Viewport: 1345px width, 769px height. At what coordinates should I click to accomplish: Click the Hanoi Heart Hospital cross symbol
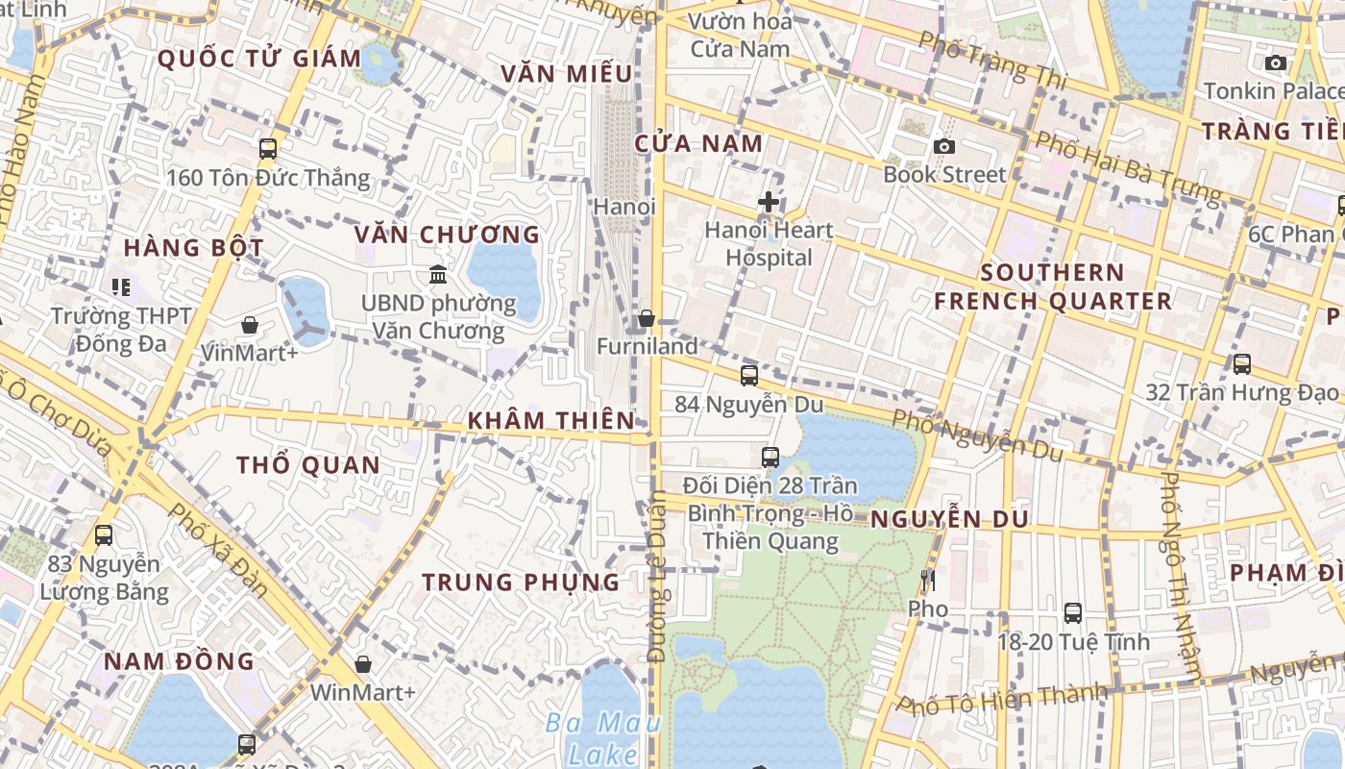769,202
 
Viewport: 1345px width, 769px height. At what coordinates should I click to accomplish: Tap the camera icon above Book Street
944,146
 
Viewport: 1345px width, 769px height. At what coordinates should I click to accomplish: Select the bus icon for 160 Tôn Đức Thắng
268,149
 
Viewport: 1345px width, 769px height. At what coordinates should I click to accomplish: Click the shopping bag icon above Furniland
647,317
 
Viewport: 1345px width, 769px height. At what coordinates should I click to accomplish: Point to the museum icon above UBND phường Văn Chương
438,275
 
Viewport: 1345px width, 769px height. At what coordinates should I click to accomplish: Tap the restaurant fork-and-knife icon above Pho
927,580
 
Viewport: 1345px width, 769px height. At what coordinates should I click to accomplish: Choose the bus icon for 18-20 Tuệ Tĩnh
1073,612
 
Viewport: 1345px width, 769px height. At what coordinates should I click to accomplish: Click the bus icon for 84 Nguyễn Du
749,376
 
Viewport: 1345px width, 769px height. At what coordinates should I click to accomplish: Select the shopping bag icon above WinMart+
363,663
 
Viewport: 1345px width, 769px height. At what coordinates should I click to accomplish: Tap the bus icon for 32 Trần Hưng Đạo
1241,364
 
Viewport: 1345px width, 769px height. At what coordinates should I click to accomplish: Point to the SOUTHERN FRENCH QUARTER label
1053,286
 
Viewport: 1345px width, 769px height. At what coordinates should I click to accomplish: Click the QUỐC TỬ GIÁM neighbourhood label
259,59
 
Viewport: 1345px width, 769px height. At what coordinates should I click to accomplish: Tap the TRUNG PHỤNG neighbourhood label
521,582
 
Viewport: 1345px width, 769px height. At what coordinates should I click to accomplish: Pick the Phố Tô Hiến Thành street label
1002,701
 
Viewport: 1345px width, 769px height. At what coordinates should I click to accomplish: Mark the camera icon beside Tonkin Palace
1276,62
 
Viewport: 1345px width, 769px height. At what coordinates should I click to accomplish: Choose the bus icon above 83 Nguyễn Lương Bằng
104,535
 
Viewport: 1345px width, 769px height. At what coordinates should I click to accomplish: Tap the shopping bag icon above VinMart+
250,325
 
